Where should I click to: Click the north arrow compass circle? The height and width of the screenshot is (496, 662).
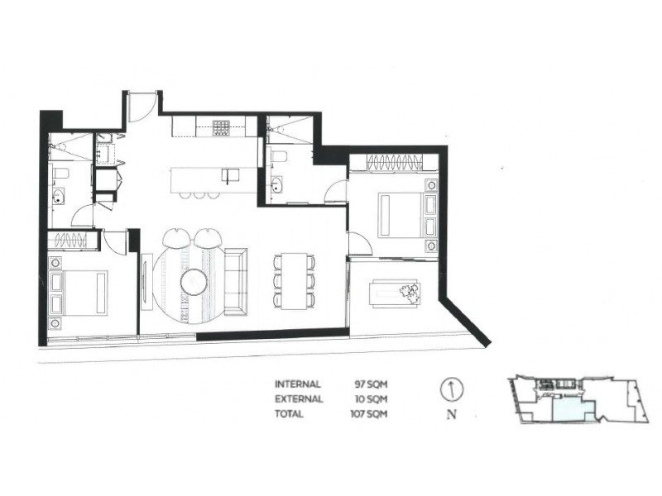tap(451, 389)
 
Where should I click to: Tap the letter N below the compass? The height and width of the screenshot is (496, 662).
tap(451, 416)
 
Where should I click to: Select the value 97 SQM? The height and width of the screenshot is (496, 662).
tap(371, 384)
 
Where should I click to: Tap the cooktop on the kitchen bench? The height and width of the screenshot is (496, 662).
tap(221, 127)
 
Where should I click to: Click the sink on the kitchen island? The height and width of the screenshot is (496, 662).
tap(229, 174)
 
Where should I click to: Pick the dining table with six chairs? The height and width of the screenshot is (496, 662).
tap(295, 281)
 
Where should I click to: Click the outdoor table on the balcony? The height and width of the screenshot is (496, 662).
tap(396, 291)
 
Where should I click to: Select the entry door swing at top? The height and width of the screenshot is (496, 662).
tap(142, 106)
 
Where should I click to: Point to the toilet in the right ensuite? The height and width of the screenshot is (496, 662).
tap(279, 156)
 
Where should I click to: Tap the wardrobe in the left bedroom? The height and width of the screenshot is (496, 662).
tap(73, 241)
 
